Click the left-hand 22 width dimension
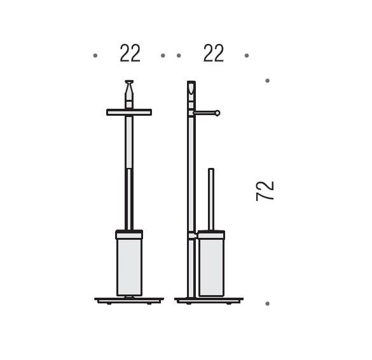[130, 53]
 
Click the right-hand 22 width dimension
[214, 53]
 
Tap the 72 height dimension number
[265, 191]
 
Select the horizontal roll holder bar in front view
[129, 112]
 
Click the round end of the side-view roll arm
[217, 113]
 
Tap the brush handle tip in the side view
[211, 169]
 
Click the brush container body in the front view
[129, 267]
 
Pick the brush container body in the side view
[211, 267]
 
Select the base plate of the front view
[129, 300]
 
